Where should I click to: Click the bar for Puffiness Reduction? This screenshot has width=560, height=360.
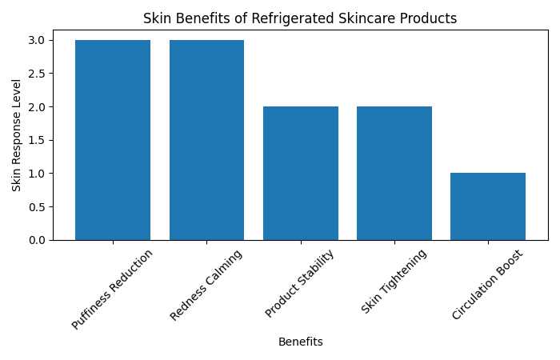[113, 140]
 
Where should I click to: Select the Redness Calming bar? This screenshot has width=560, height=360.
[206, 140]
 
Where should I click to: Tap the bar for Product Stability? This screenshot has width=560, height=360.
[300, 173]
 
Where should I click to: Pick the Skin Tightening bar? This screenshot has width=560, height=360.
[394, 173]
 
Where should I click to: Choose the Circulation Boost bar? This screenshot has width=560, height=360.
[488, 206]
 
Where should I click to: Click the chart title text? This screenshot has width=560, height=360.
[300, 18]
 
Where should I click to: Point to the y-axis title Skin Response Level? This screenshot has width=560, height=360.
[17, 140]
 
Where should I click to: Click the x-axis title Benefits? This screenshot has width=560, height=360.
[300, 342]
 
